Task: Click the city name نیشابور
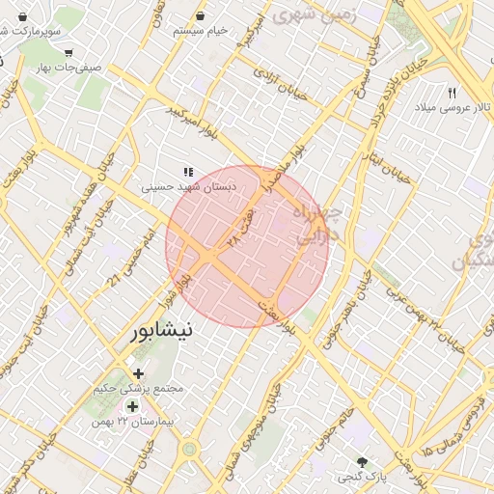[164, 330]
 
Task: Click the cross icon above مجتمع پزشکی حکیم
[137, 372]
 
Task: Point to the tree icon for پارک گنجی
[362, 462]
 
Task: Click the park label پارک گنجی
[362, 478]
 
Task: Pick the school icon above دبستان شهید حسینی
[187, 171]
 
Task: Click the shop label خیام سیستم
[201, 31]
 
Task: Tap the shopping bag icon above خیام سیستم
[200, 15]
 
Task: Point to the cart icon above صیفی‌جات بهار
[68, 52]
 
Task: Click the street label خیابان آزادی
[280, 84]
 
